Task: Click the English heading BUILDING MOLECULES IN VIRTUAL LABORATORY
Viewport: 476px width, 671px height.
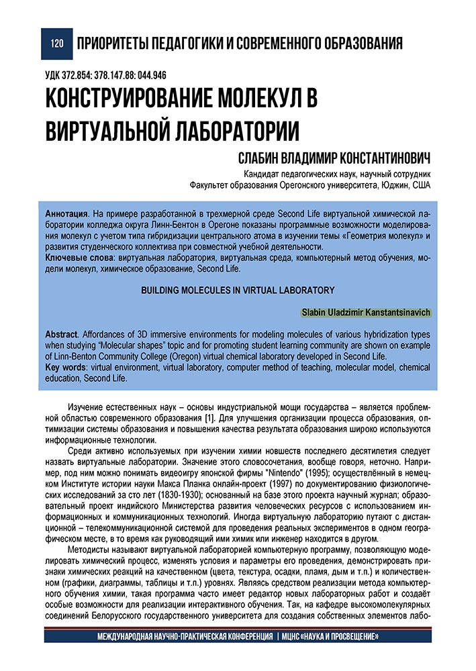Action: click(238, 290)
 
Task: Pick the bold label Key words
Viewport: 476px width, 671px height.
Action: click(66, 368)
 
